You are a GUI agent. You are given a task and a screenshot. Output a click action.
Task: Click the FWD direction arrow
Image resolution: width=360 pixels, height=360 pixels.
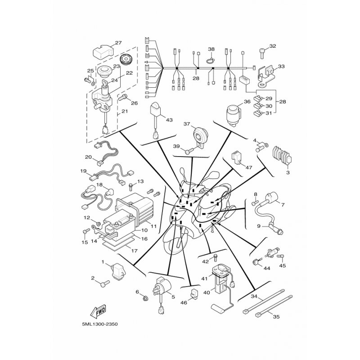click(98, 312)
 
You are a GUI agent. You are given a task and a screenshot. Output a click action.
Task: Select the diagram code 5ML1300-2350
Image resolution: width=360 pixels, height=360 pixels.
click(99, 324)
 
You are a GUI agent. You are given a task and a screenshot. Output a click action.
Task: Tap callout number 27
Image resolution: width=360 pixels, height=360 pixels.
click(118, 43)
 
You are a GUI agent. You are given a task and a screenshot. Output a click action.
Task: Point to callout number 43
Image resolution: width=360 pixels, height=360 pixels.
click(169, 120)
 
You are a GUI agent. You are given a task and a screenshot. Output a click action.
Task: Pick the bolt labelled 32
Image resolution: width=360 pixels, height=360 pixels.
click(262, 52)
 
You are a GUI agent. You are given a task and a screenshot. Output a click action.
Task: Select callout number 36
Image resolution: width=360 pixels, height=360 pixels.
click(247, 102)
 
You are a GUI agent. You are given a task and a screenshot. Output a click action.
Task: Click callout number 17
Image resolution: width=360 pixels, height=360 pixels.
click(134, 251)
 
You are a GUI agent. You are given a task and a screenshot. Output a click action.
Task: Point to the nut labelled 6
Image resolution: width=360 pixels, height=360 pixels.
click(145, 298)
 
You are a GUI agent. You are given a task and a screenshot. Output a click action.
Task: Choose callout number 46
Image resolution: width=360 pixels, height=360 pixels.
click(184, 302)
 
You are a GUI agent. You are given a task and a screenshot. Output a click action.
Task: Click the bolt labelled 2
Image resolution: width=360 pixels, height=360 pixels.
click(105, 283)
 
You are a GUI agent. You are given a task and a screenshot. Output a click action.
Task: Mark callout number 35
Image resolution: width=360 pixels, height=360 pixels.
click(276, 317)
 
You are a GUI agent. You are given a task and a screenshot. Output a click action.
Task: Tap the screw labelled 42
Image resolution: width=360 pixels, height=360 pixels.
click(216, 257)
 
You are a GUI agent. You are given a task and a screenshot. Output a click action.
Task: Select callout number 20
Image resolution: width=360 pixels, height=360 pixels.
click(88, 157)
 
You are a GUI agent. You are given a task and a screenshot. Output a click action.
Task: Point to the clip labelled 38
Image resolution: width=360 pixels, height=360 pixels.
click(211, 61)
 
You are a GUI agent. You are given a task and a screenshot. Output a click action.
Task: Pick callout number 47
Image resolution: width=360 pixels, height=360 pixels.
click(249, 167)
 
